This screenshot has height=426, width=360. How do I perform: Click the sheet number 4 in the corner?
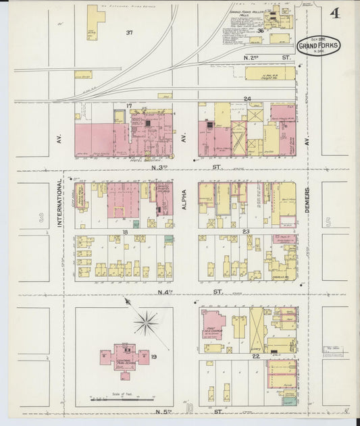(x=335, y=14)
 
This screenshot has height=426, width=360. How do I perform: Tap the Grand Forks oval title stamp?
(x=318, y=46)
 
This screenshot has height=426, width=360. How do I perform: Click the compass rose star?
(x=146, y=322)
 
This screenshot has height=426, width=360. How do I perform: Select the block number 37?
(x=129, y=32)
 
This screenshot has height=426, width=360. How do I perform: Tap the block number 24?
(x=247, y=100)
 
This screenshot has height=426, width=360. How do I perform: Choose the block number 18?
(x=125, y=231)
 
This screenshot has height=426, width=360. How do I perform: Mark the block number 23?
(x=247, y=231)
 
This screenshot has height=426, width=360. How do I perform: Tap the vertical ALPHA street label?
(x=183, y=202)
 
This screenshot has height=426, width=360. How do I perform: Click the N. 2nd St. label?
(x=267, y=58)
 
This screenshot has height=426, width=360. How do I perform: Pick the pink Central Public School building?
(x=124, y=355)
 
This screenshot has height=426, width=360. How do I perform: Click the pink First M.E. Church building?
(x=214, y=323)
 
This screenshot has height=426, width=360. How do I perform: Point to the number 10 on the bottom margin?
(x=190, y=408)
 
